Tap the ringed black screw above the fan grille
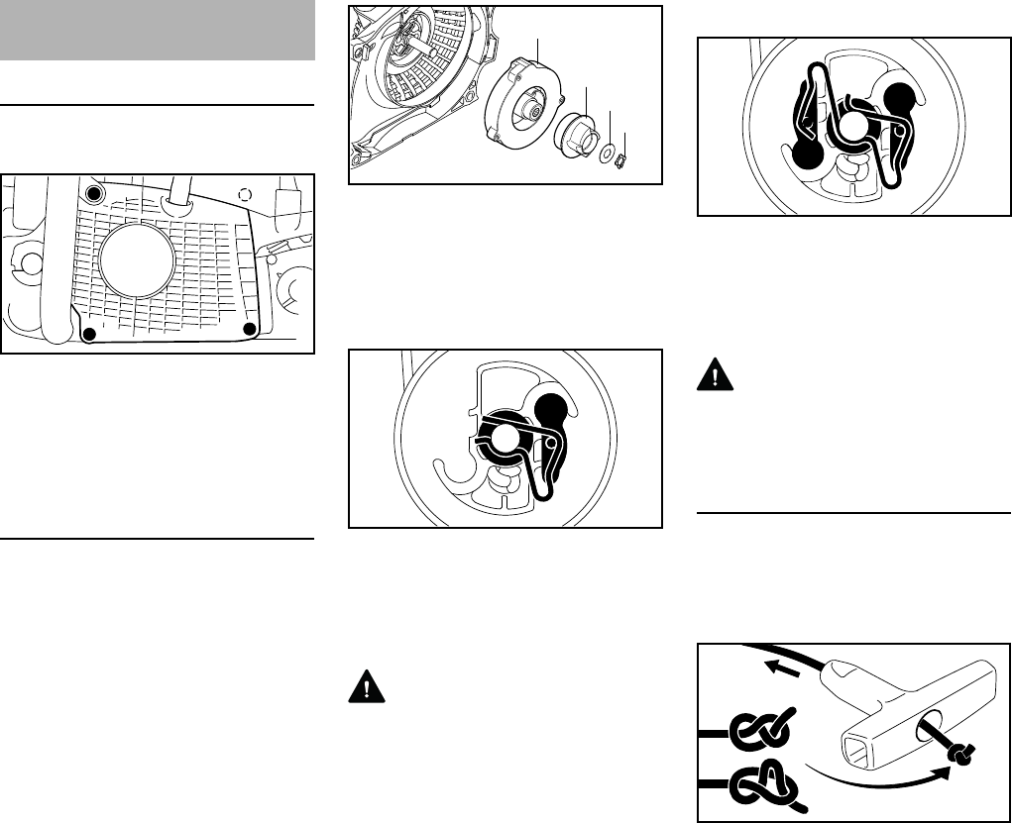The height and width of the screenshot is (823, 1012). click(x=93, y=191)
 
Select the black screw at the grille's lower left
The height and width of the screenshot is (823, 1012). click(x=89, y=335)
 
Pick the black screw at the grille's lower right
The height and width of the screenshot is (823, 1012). click(x=250, y=328)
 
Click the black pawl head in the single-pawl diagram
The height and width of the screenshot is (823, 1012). click(x=551, y=407)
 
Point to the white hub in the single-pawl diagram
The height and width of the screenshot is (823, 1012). click(x=506, y=439)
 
